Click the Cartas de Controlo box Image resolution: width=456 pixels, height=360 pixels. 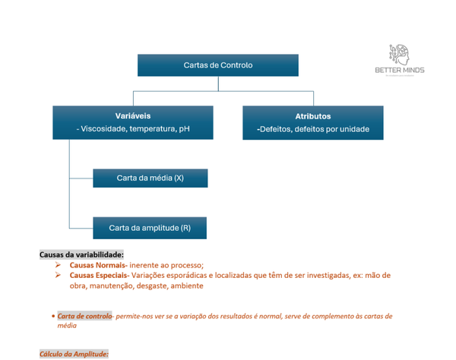[217, 65]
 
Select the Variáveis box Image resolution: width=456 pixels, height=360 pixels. [133, 122]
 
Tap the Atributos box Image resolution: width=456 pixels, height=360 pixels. [312, 122]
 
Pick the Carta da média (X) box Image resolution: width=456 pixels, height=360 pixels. [150, 178]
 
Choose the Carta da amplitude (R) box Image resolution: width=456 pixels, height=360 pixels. [150, 228]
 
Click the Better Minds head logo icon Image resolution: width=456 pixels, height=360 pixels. [400, 54]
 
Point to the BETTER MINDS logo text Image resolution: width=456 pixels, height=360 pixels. [400, 71]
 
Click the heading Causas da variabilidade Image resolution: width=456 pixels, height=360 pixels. [81, 254]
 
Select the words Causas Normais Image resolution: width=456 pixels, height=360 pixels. [98, 264]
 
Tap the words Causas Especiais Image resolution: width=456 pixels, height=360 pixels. [100, 275]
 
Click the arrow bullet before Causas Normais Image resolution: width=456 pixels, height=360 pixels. [58, 264]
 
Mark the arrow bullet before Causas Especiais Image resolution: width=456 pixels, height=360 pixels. [58, 275]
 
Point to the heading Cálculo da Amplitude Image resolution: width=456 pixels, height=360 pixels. [74, 354]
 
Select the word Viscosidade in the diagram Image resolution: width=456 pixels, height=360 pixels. [103, 130]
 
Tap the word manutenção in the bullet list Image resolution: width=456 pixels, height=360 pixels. [116, 286]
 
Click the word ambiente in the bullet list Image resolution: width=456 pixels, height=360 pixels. [187, 286]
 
